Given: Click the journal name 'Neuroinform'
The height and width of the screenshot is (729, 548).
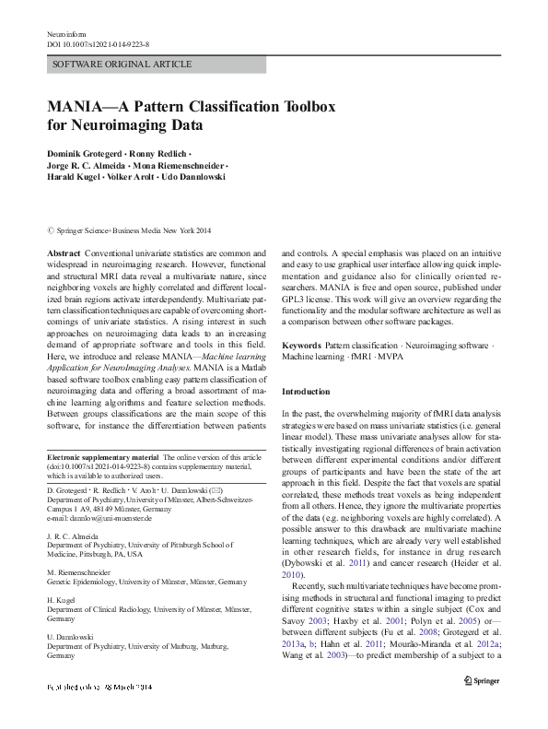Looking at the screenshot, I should coord(64,33).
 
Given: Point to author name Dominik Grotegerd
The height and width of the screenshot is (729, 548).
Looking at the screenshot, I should coord(86,150).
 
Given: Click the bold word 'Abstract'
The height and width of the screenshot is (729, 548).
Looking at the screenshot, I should coord(63,252).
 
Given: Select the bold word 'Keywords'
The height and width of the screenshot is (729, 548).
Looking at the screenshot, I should coord(301,345).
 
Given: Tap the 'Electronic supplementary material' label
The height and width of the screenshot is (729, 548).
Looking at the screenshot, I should coord(101,457).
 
